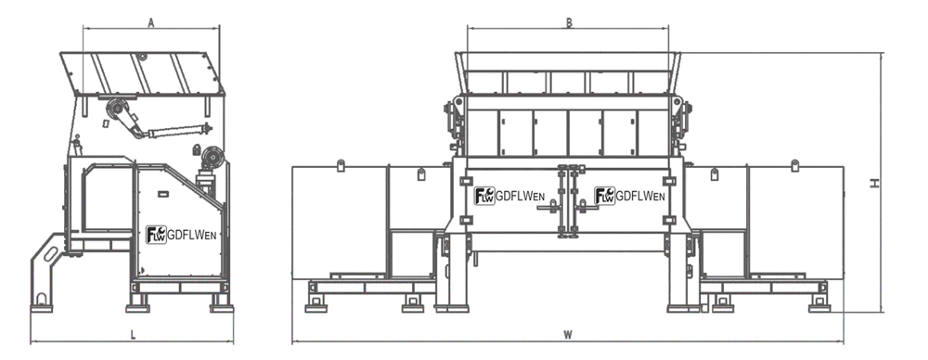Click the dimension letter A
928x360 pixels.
tap(151, 22)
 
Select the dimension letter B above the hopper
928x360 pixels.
tap(569, 22)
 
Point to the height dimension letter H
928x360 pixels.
tap(874, 184)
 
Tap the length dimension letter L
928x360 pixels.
tap(133, 335)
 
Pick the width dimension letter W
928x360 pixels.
tap(568, 335)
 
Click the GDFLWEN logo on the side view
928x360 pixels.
tap(181, 235)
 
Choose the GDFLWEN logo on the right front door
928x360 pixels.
tap(630, 196)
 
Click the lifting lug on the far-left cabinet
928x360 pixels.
tap(341, 165)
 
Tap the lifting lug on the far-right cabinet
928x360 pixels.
tap(795, 165)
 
